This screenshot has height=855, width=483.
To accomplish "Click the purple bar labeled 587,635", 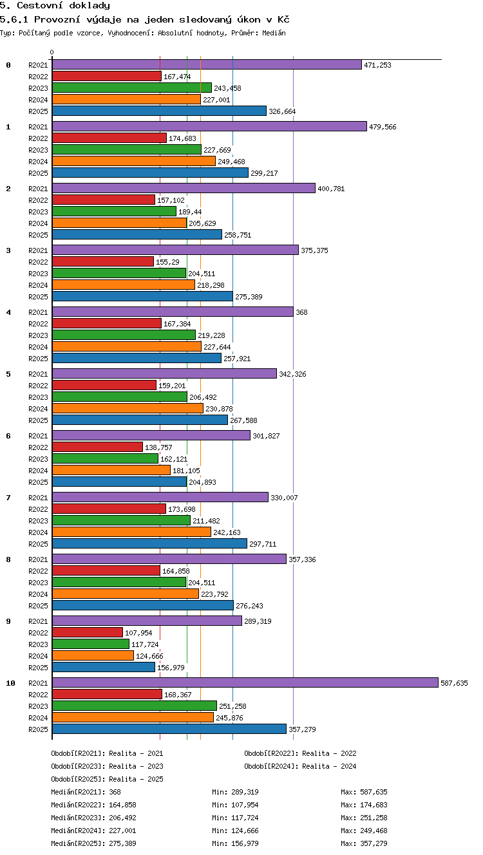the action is pyautogui.click(x=245, y=682).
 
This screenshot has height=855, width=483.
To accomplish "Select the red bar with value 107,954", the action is pyautogui.click(x=88, y=632).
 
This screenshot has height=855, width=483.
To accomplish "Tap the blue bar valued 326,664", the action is pyautogui.click(x=159, y=111).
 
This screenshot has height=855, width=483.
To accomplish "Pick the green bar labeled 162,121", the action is pyautogui.click(x=105, y=458).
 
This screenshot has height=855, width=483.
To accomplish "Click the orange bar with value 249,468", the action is pyautogui.click(x=134, y=161).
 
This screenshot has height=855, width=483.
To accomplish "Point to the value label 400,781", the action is pyautogui.click(x=331, y=189).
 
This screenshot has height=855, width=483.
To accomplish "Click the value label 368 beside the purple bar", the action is pyautogui.click(x=301, y=312).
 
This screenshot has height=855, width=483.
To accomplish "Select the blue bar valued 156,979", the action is pyautogui.click(x=104, y=667).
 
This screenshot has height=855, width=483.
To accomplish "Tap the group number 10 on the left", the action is pyautogui.click(x=10, y=683).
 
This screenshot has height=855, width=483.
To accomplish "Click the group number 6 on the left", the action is pyautogui.click(x=8, y=436).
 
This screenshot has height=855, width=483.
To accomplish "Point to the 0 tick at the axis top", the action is pyautogui.click(x=52, y=52).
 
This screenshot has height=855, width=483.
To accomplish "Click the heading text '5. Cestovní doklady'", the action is pyautogui.click(x=55, y=5).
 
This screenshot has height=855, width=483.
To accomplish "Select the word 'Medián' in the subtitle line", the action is pyautogui.click(x=274, y=33).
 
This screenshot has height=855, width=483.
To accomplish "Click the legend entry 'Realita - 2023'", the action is pyautogui.click(x=136, y=766).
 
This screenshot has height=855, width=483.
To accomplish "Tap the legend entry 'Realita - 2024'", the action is pyautogui.click(x=329, y=766).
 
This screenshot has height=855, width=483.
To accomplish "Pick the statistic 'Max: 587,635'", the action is pyautogui.click(x=364, y=792).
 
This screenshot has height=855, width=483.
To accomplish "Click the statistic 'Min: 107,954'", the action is pyautogui.click(x=235, y=805).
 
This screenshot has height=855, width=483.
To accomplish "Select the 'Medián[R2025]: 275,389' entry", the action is pyautogui.click(x=93, y=843).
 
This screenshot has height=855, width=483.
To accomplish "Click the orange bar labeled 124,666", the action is pyautogui.click(x=93, y=655).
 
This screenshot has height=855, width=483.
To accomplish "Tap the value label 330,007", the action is pyautogui.click(x=284, y=498).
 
